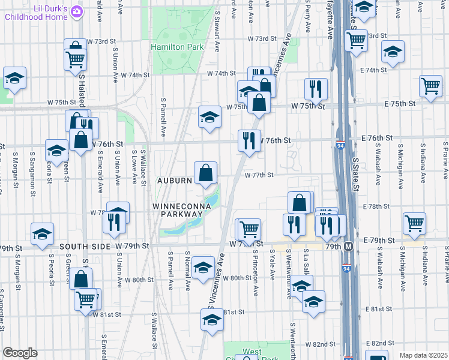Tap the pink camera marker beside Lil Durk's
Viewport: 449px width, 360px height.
(x=76, y=11)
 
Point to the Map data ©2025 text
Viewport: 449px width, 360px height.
(x=423, y=355)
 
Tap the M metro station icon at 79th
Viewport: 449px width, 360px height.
(x=348, y=246)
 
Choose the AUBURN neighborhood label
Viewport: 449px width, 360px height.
(x=175, y=180)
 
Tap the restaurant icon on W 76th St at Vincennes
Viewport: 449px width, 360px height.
(x=249, y=140)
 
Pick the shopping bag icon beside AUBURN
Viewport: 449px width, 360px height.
(x=205, y=173)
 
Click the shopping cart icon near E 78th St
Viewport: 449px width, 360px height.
(x=414, y=223)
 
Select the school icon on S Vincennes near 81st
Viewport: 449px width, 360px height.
(x=212, y=322)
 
